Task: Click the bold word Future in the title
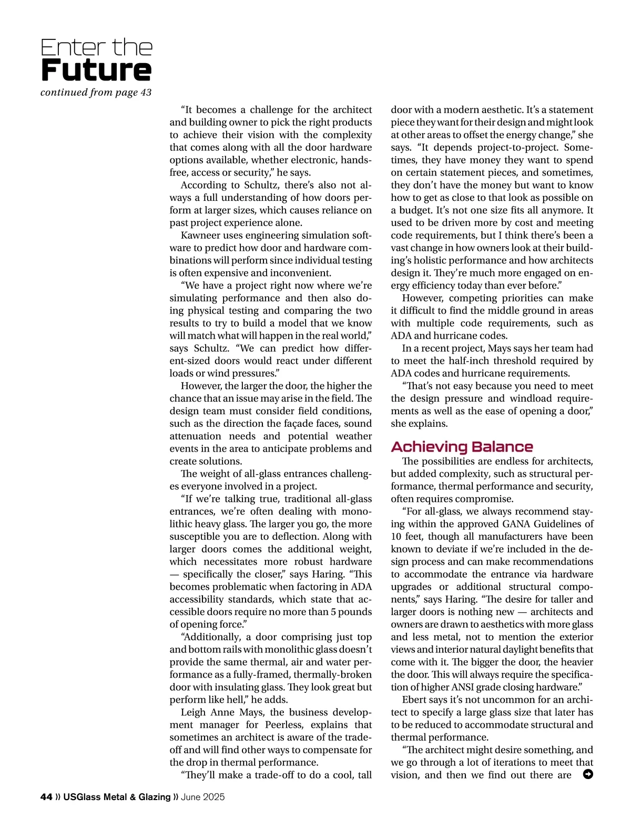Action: tap(96, 71)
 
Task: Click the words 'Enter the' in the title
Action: tap(96, 47)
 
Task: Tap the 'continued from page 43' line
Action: tap(96, 93)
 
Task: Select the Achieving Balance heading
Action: tap(462, 447)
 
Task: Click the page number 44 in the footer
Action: tap(46, 797)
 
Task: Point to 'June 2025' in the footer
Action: tap(202, 797)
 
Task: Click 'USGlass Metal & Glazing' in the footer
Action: tap(117, 797)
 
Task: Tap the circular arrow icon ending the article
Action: tap(588, 774)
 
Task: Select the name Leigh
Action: tap(193, 712)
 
